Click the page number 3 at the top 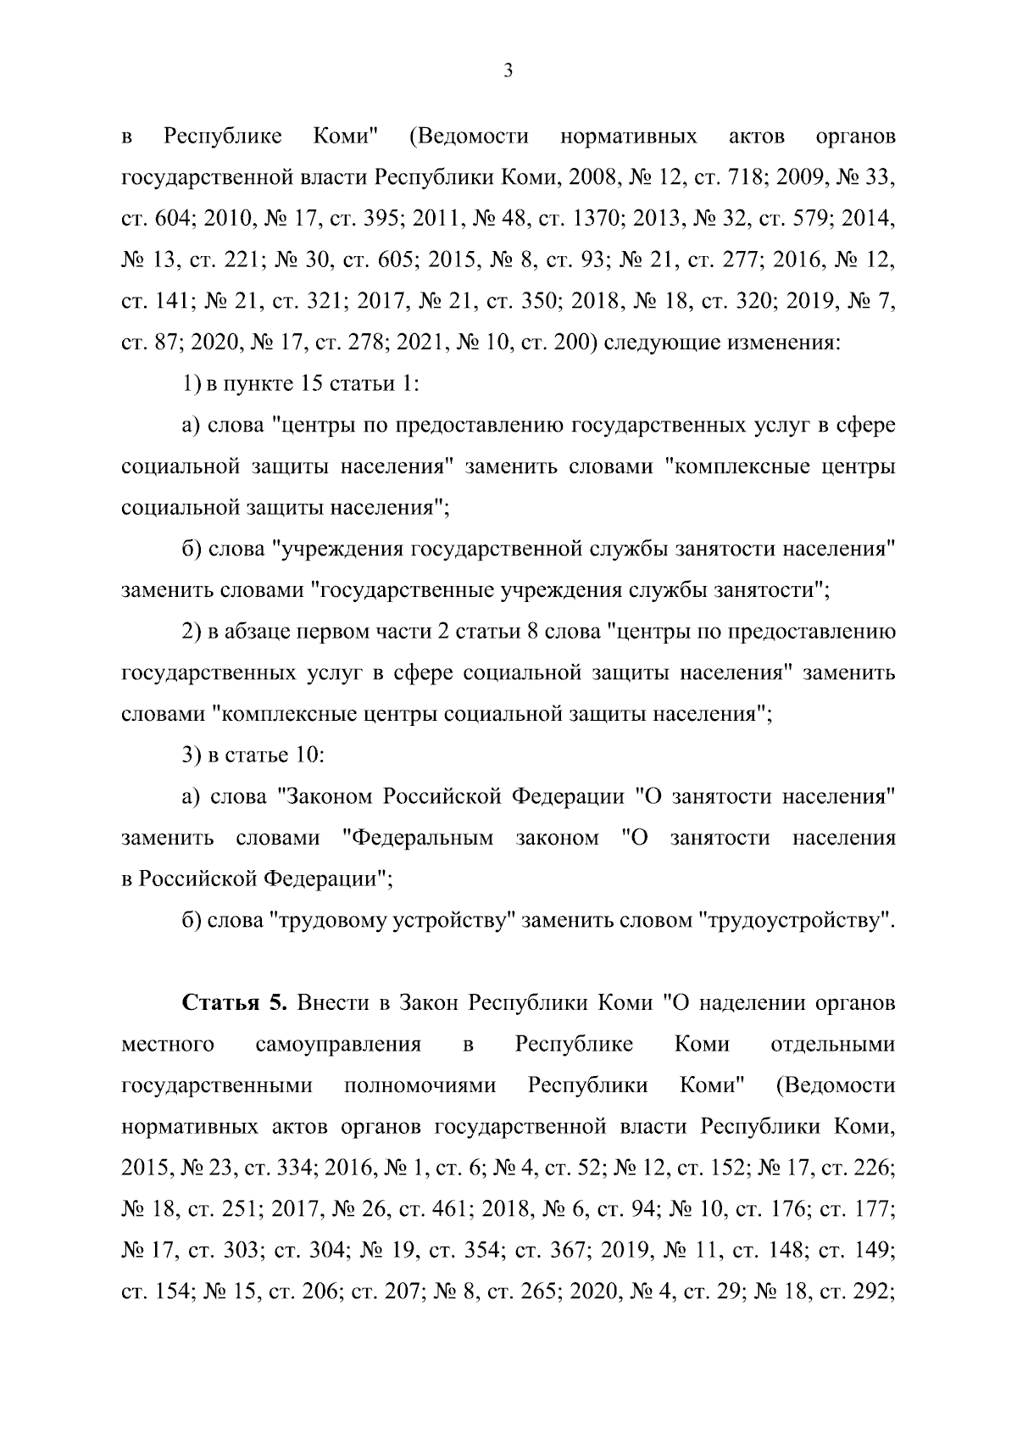pyautogui.click(x=508, y=71)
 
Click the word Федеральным pyautogui.click(x=422, y=838)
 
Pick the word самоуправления pyautogui.click(x=338, y=1044)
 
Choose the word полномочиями pyautogui.click(x=420, y=1085)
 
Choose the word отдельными pyautogui.click(x=833, y=1044)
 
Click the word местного pyautogui.click(x=168, y=1044)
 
